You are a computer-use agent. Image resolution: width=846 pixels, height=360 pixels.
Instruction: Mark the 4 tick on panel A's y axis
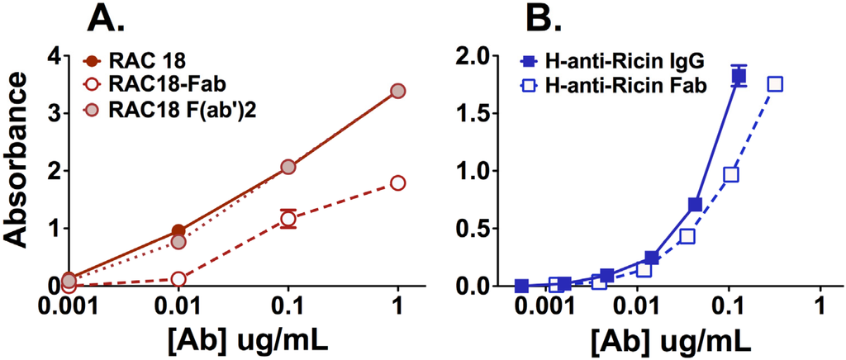53,56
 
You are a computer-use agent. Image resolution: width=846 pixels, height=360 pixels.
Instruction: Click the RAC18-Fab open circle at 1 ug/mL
397,182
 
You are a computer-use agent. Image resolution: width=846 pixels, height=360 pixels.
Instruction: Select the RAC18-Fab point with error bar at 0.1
288,219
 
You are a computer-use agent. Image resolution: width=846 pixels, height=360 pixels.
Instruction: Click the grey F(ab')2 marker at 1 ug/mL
397,91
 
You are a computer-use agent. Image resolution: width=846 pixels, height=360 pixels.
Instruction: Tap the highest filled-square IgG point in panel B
739,76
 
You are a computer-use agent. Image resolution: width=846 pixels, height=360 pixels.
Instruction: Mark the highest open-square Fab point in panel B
775,84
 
